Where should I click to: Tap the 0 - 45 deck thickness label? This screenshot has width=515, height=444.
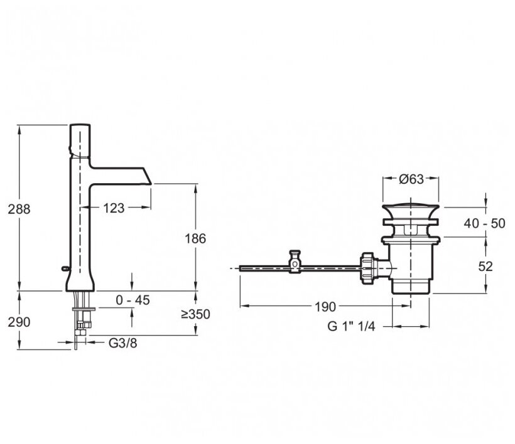tap(133, 300)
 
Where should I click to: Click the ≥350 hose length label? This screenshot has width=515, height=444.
tap(195, 314)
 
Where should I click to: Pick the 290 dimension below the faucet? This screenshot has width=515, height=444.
tap(19, 322)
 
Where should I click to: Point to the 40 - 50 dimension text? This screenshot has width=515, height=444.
tap(485, 223)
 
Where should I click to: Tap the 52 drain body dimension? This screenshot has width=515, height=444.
tap(485, 266)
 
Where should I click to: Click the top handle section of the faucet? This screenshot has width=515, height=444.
tap(79, 137)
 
